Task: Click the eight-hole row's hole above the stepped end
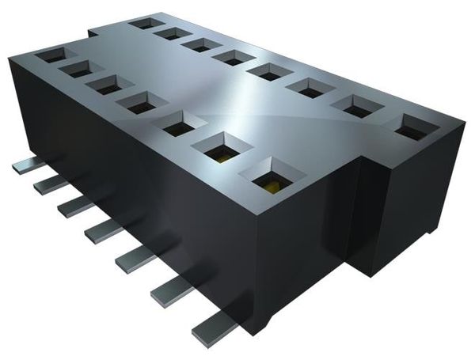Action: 412,127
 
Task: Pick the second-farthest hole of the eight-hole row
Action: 172,34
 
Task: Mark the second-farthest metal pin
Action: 51,184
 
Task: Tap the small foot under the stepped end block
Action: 428,232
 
